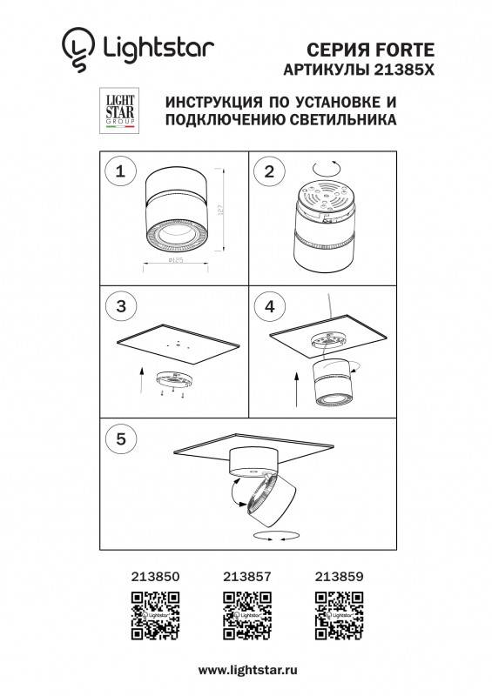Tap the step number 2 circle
click(269, 172)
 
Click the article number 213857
click(246, 574)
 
